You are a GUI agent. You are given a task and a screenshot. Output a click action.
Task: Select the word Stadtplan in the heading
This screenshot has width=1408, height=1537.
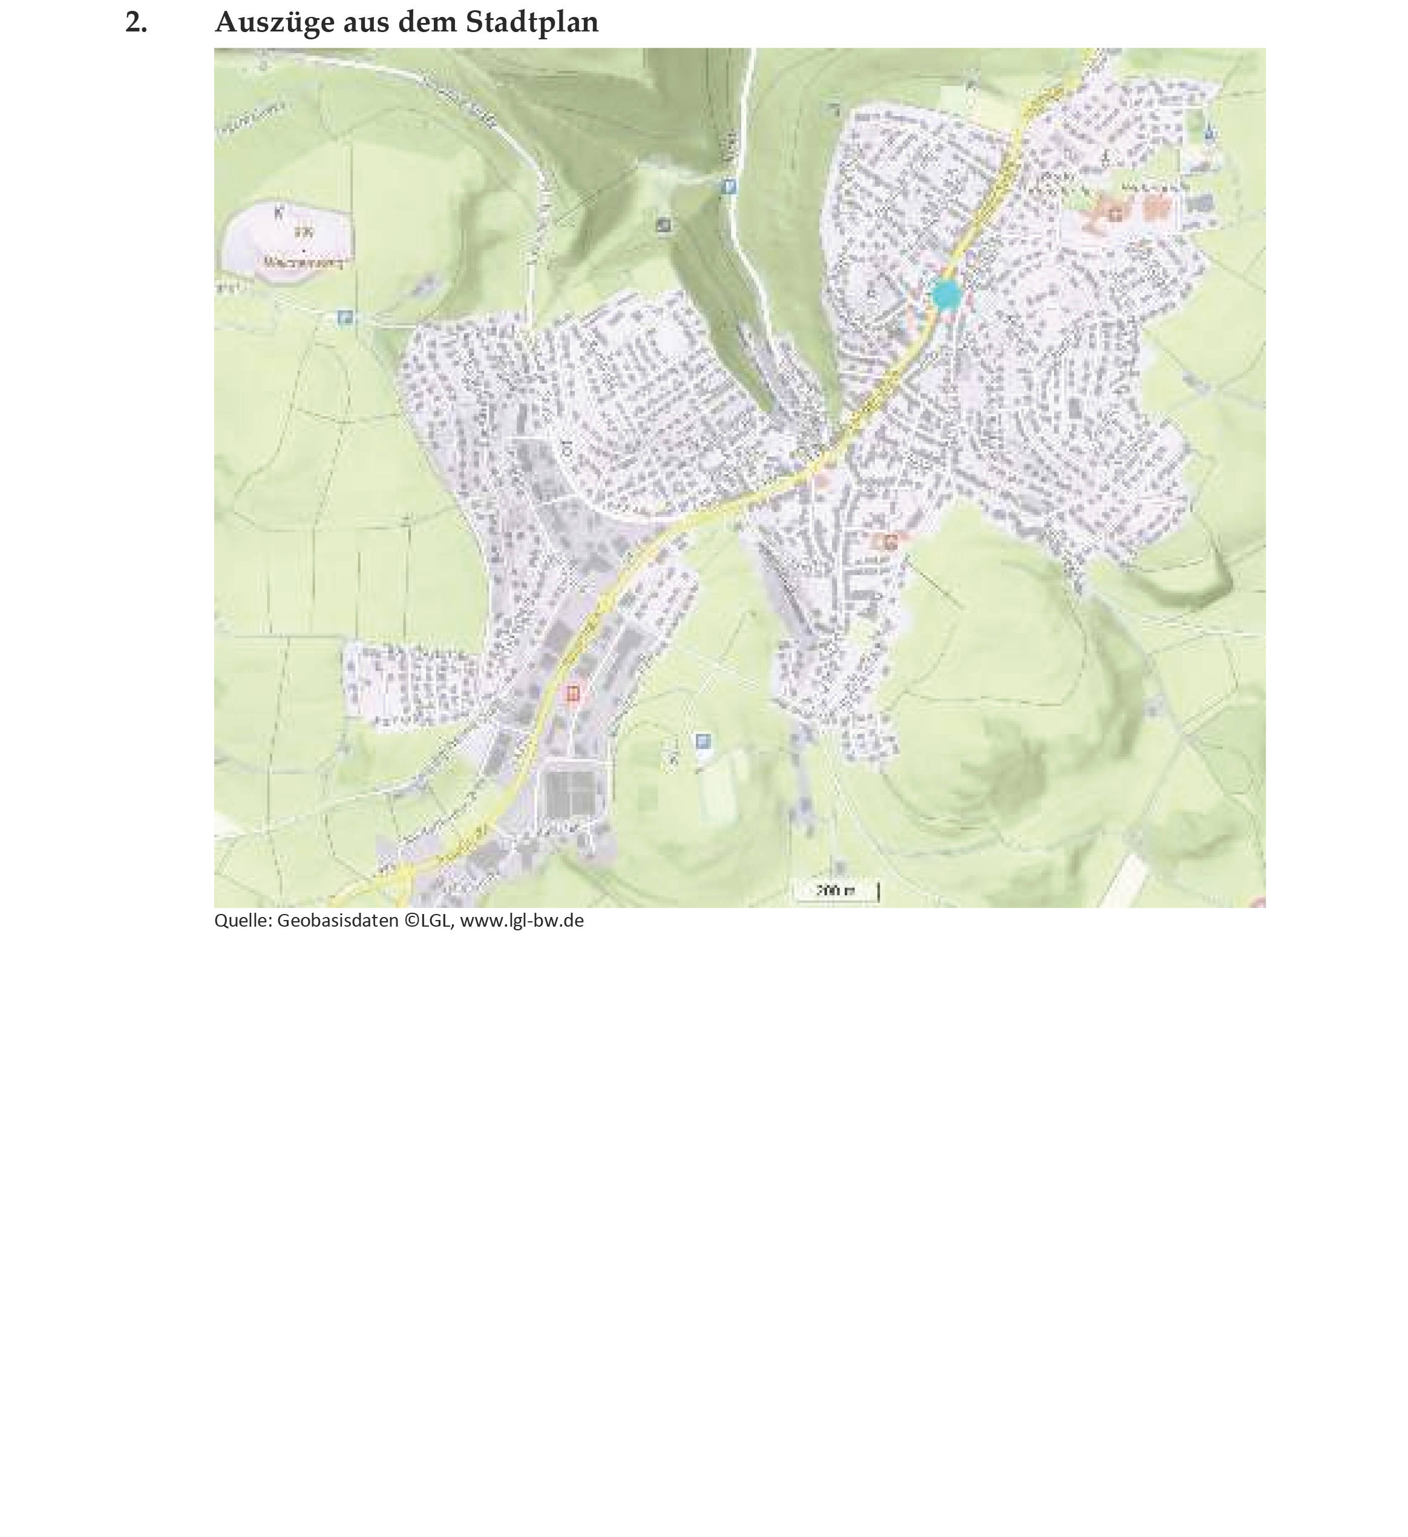coord(532,23)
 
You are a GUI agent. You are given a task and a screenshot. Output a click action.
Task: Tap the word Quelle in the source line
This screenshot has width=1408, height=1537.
coord(241,921)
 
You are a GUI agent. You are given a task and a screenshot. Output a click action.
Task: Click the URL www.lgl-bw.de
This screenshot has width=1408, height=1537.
coord(522,921)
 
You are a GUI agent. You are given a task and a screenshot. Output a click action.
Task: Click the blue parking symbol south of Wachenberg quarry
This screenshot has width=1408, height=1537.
coord(345,317)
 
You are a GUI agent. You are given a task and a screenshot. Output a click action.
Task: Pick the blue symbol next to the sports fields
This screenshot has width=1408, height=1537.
coord(702,740)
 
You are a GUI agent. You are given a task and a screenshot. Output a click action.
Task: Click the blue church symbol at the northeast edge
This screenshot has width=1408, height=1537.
coord(1208,134)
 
